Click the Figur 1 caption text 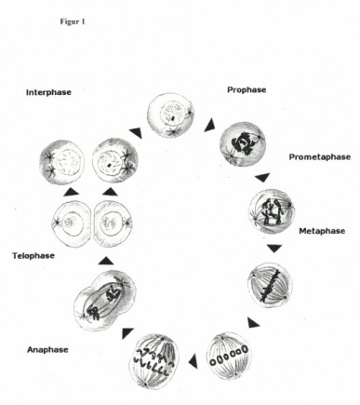pos(73,21)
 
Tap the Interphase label pos(48,92)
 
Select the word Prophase pos(247,90)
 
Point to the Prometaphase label pos(320,157)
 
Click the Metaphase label pos(322,231)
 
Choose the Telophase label pos(33,256)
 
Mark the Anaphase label pos(47,350)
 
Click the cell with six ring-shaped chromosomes pos(229,356)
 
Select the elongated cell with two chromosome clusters pos(105,300)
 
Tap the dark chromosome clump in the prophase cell pos(242,143)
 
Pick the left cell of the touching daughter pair pos(73,223)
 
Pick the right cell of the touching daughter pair pos(113,223)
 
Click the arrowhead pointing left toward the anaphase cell pos(193,360)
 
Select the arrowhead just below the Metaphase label pos(274,249)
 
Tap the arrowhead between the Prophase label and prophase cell pos(210,125)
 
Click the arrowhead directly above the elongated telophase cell pos(106,261)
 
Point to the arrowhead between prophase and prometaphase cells pos(262,178)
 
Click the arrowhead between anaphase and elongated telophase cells pos(127,333)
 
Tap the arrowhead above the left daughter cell pos(72,192)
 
